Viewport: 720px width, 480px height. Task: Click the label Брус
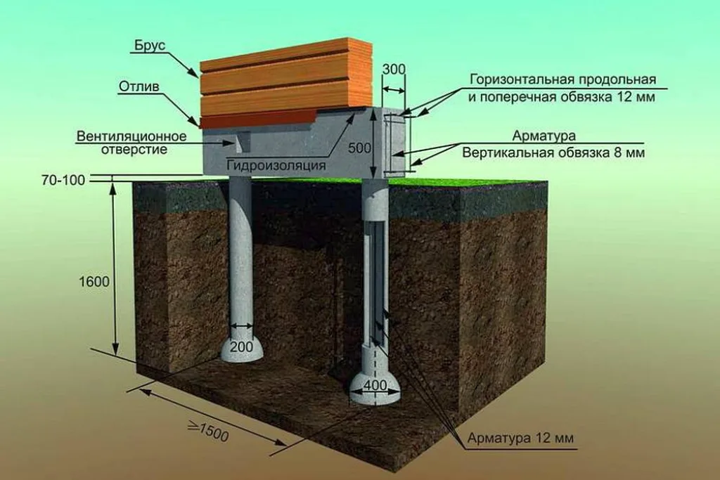tap(150, 46)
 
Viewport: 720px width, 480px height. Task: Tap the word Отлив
tap(139, 86)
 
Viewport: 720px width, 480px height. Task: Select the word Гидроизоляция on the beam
tap(276, 164)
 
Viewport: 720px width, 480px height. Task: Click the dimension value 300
tap(394, 69)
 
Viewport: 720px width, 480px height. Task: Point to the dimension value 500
tap(359, 148)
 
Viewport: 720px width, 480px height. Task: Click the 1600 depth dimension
tap(94, 281)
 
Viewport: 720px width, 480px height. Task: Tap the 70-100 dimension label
tap(63, 180)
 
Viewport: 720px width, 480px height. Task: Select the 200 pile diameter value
tap(242, 346)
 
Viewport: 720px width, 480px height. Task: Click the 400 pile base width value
tap(375, 385)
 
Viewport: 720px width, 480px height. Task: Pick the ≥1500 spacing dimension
tap(208, 432)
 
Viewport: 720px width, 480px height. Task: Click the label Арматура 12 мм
tap(520, 438)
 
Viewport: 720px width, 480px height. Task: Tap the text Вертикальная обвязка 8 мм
tap(553, 153)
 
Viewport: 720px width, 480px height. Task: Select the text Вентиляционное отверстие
tap(131, 143)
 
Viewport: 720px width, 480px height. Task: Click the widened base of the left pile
tap(242, 350)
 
